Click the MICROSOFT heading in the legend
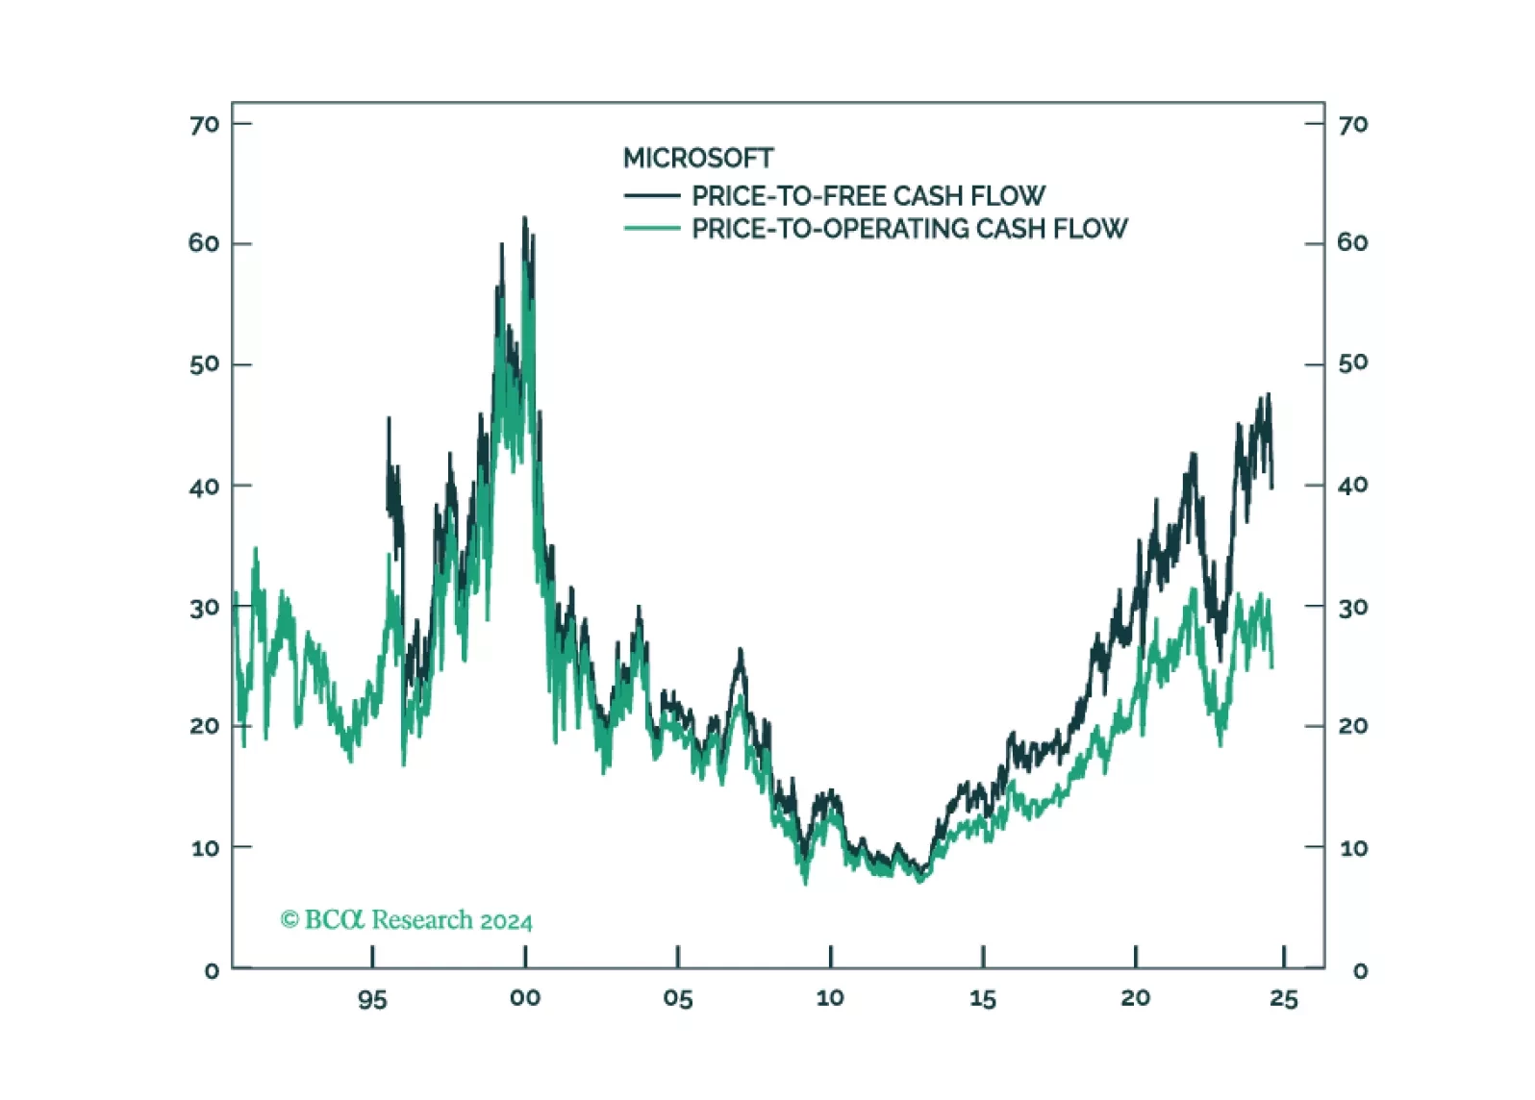pyautogui.click(x=698, y=158)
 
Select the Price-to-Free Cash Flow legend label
pyautogui.click(x=868, y=196)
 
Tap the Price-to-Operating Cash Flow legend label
pyautogui.click(x=909, y=229)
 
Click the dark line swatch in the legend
pyautogui.click(x=652, y=196)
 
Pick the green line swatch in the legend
pyautogui.click(x=652, y=229)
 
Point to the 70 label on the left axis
pyautogui.click(x=204, y=125)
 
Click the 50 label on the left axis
pyautogui.click(x=204, y=364)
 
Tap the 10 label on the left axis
pyautogui.click(x=205, y=848)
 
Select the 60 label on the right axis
pyautogui.click(x=1352, y=243)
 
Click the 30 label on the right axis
pyautogui.click(x=1352, y=608)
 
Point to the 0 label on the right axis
pyautogui.click(x=1360, y=971)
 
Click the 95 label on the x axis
pyautogui.click(x=372, y=1000)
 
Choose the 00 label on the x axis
pyautogui.click(x=525, y=998)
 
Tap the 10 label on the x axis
pyautogui.click(x=830, y=998)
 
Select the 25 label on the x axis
pyautogui.click(x=1284, y=999)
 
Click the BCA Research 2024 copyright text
pyautogui.click(x=406, y=920)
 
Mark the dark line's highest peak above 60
pyautogui.click(x=524, y=218)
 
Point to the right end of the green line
pyautogui.click(x=1272, y=665)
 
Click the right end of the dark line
pyautogui.click(x=1272, y=487)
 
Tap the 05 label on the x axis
pyautogui.click(x=677, y=999)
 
